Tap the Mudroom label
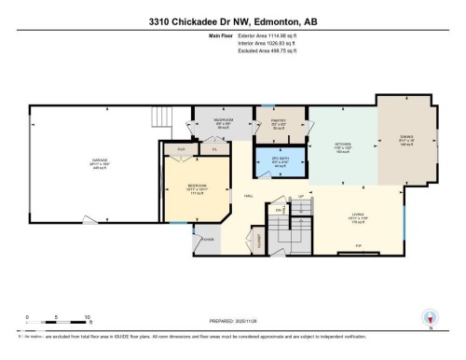[x=224, y=121]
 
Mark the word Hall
[x=249, y=195]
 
